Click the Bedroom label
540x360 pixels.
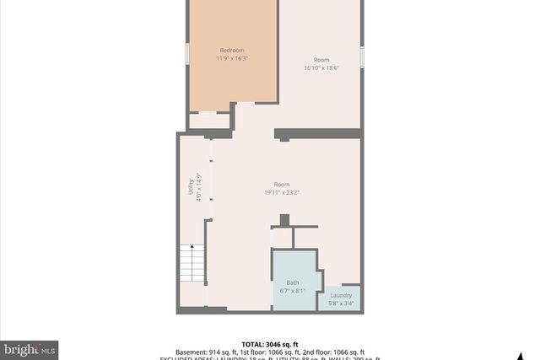pyautogui.click(x=232, y=50)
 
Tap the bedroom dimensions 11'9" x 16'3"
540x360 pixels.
pyautogui.click(x=232, y=59)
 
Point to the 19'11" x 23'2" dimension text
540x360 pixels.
pyautogui.click(x=282, y=192)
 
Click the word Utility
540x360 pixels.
pyautogui.click(x=191, y=188)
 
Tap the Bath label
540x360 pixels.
pyautogui.click(x=292, y=282)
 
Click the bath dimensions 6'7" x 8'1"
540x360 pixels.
pyautogui.click(x=292, y=291)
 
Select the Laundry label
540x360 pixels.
pyautogui.click(x=341, y=295)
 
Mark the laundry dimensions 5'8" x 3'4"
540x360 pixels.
pyautogui.click(x=341, y=303)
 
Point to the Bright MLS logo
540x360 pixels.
pyautogui.click(x=30, y=348)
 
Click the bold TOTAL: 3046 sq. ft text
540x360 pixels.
pyautogui.click(x=270, y=344)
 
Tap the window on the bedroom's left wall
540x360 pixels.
pyautogui.click(x=186, y=53)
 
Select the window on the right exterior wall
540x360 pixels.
pyautogui.click(x=361, y=56)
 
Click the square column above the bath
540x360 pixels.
pyautogui.click(x=284, y=220)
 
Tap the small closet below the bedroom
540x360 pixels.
pyautogui.click(x=208, y=121)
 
